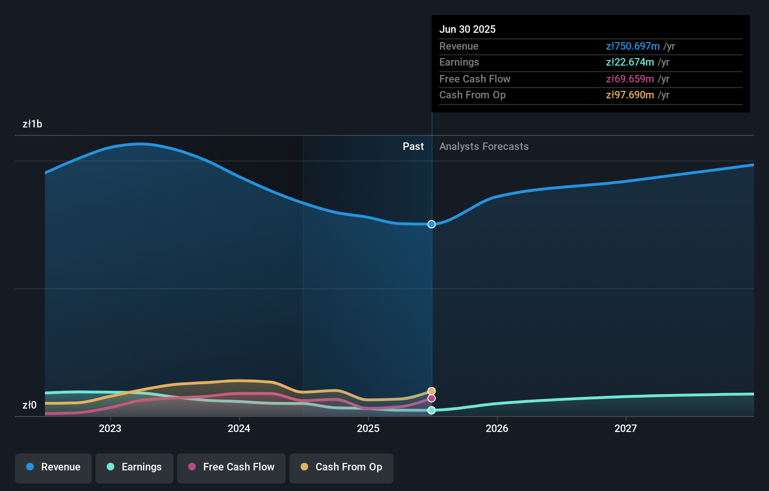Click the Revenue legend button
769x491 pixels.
(53, 467)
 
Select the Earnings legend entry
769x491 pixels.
(134, 467)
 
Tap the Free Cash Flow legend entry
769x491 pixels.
(231, 467)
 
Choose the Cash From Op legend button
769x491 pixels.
(341, 467)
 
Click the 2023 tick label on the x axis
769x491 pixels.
(110, 428)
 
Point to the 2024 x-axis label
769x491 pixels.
(239, 428)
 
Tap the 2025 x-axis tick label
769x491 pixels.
(368, 428)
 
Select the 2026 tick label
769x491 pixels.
(497, 428)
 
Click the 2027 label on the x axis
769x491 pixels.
(626, 428)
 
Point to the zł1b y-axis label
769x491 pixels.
(32, 124)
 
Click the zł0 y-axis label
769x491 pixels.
(30, 405)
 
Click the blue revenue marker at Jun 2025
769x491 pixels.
(431, 224)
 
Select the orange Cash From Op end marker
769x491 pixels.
(431, 391)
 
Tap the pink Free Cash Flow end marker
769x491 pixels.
(431, 398)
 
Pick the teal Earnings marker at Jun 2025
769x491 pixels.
(431, 410)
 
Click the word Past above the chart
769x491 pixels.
(413, 147)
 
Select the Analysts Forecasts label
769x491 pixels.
(484, 147)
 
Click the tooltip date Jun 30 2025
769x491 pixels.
(467, 29)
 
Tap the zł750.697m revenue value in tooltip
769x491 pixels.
(633, 46)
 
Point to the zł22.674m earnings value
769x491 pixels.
(630, 62)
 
